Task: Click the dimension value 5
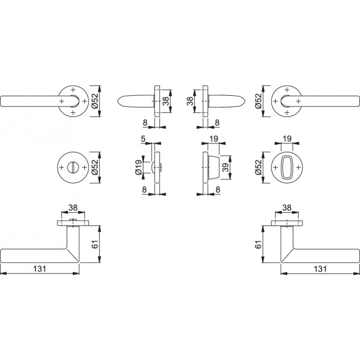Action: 143,138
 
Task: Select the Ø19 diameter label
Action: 138,167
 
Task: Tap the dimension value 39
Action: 225,167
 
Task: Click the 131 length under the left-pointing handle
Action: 40,269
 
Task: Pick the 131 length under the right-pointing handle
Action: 320,269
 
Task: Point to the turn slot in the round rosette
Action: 73,167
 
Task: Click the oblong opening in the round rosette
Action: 287,167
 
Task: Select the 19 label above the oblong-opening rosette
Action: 287,138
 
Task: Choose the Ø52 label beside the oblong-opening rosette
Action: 258,167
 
